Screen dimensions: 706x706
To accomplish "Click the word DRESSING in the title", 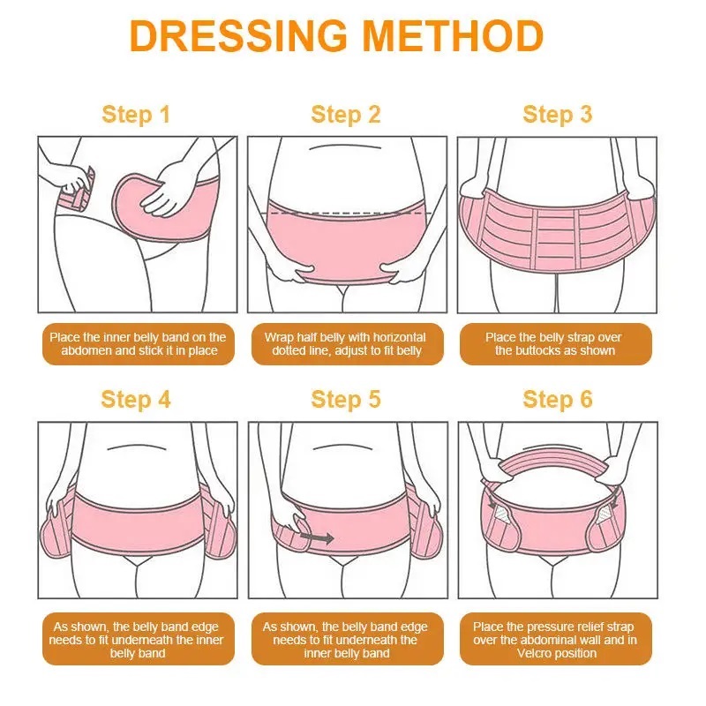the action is pyautogui.click(x=238, y=35).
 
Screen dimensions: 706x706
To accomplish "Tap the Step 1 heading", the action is pyautogui.click(x=136, y=114).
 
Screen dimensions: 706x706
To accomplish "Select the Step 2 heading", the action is pyautogui.click(x=346, y=114).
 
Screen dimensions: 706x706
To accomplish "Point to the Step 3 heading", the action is pyautogui.click(x=558, y=114).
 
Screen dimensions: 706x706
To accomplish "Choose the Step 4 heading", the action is pyautogui.click(x=136, y=400).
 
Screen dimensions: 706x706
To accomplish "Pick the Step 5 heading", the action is pyautogui.click(x=346, y=400).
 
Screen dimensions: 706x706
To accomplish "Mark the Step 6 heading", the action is pyautogui.click(x=558, y=400).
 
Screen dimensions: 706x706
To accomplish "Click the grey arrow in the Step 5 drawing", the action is pyautogui.click(x=317, y=537).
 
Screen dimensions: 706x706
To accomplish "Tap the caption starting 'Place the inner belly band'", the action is pyautogui.click(x=139, y=344).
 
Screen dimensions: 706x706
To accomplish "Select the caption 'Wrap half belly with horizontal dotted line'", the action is pyautogui.click(x=346, y=344).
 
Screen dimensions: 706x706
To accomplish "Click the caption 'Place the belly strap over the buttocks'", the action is pyautogui.click(x=554, y=344).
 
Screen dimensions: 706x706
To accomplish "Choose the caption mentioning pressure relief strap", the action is pyautogui.click(x=555, y=640).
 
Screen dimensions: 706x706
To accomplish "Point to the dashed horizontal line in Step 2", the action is pyautogui.click(x=348, y=213).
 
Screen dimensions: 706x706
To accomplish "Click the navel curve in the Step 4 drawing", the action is pyautogui.click(x=137, y=447).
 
